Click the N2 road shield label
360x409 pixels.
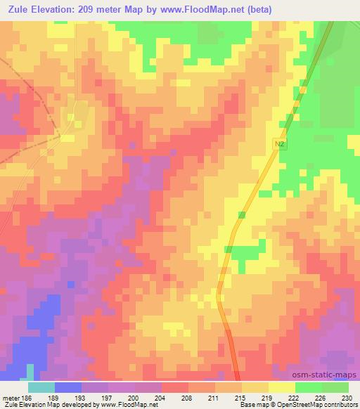click(x=279, y=143)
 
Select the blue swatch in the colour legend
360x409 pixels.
click(x=67, y=387)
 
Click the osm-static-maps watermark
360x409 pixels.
click(x=330, y=372)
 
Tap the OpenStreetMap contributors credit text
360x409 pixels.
click(x=311, y=405)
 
